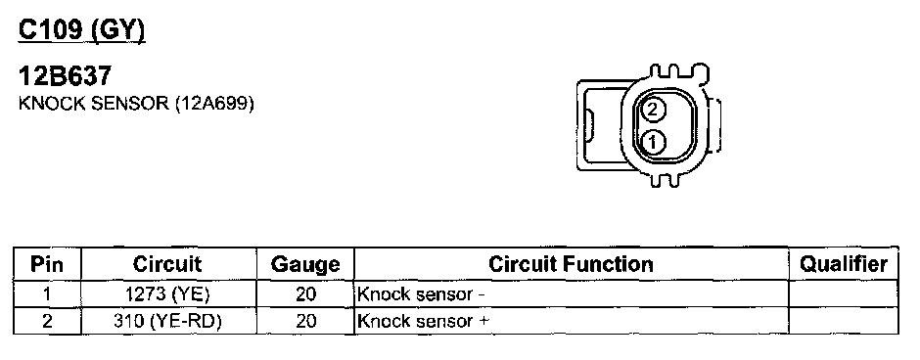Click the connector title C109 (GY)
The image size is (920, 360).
click(x=81, y=30)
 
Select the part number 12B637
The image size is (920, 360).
click(x=66, y=76)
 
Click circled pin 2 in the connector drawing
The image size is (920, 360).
click(x=654, y=110)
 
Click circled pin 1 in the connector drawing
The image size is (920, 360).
click(x=653, y=141)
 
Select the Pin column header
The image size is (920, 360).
click(x=47, y=264)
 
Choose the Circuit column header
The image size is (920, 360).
click(x=167, y=264)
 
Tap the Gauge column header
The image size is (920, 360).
click(x=305, y=264)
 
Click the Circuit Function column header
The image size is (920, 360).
click(x=571, y=264)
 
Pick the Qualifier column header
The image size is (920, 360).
click(x=844, y=264)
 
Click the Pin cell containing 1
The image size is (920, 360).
click(x=47, y=293)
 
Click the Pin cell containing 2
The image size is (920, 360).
click(x=47, y=321)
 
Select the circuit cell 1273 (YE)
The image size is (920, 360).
click(x=167, y=293)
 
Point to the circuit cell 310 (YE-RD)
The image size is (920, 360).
click(x=167, y=321)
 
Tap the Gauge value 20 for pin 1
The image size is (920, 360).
click(x=305, y=293)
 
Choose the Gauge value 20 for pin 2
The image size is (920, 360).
click(x=305, y=321)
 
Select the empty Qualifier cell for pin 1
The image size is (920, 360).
click(x=843, y=293)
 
